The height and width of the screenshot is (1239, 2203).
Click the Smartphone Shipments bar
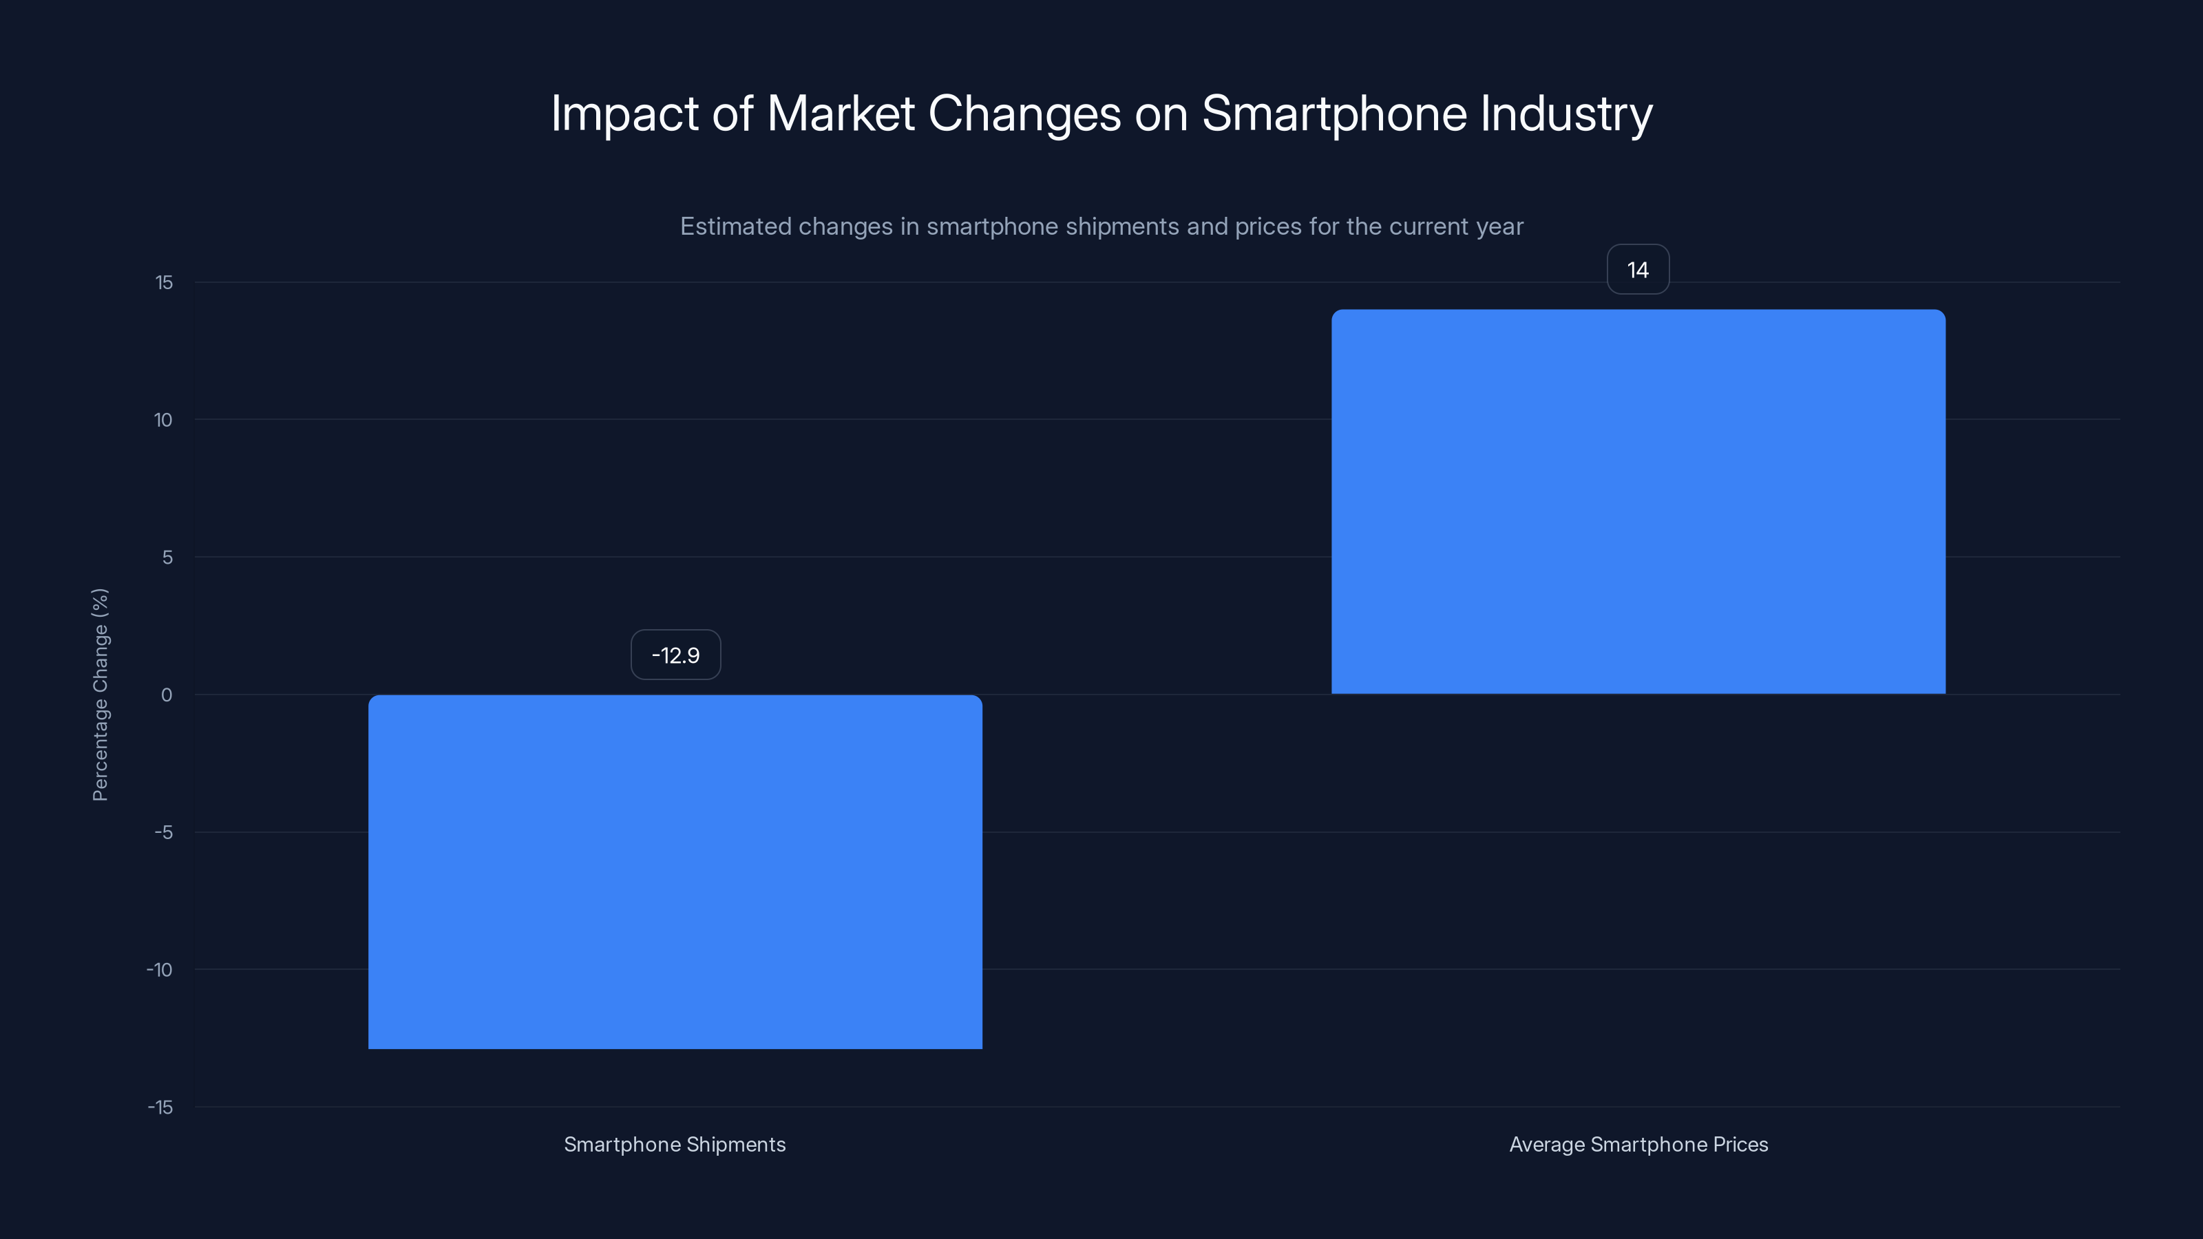(675, 871)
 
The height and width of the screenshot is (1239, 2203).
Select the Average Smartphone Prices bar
(1638, 502)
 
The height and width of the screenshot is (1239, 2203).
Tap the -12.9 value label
(675, 655)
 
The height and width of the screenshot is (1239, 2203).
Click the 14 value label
(1638, 271)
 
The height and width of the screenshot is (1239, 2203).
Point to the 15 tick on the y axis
(163, 283)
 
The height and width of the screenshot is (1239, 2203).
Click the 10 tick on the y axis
(162, 420)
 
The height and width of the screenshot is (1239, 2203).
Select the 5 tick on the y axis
(167, 558)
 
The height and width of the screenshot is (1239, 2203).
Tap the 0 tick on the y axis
(166, 695)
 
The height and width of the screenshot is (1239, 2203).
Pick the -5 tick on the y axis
(163, 833)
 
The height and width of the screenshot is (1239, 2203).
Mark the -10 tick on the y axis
(160, 970)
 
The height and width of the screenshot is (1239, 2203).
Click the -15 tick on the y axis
(160, 1108)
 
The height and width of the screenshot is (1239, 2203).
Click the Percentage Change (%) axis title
(100, 695)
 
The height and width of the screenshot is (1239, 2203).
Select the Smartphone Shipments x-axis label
(675, 1144)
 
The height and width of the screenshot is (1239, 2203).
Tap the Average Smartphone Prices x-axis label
(1638, 1144)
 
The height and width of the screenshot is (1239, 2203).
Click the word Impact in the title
(624, 114)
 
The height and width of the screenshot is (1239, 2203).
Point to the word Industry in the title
(1566, 114)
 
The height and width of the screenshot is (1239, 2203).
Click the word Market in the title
(841, 114)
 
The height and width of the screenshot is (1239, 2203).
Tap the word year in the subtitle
(1499, 226)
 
